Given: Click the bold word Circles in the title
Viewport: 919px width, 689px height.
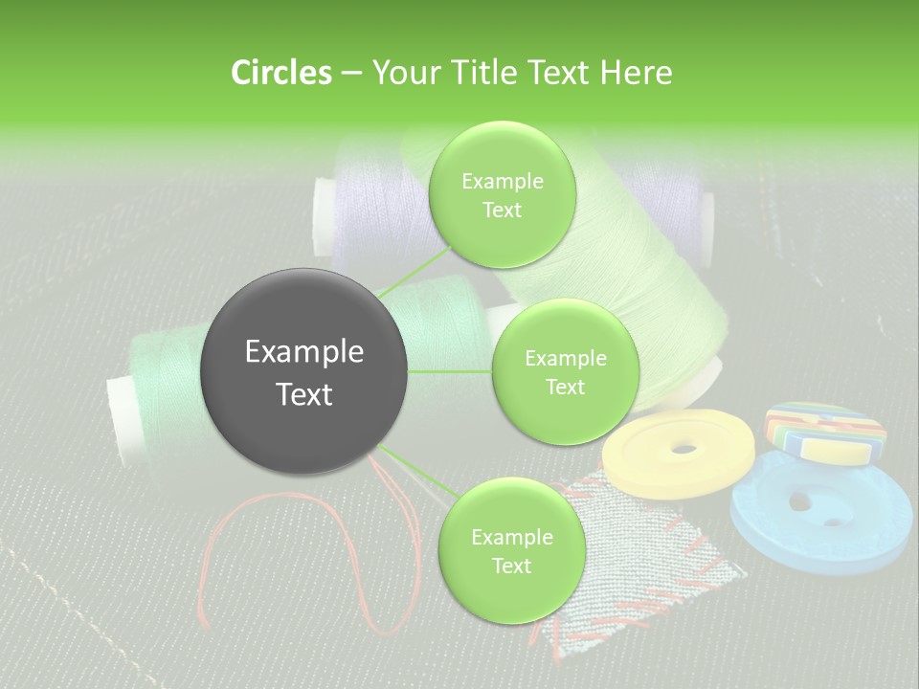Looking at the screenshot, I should [280, 73].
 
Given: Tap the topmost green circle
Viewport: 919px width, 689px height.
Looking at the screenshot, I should [502, 195].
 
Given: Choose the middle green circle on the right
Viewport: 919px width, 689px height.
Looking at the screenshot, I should [565, 372].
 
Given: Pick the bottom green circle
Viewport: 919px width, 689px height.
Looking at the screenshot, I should [511, 551].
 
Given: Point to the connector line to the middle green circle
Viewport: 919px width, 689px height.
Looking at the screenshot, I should [450, 371].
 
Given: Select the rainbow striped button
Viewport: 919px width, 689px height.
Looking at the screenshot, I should [824, 432].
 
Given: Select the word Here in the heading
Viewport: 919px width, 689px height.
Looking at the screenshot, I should [637, 73].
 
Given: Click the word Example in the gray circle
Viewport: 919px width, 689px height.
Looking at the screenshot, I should [304, 352].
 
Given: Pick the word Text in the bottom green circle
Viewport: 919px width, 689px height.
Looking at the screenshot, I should [511, 566].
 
